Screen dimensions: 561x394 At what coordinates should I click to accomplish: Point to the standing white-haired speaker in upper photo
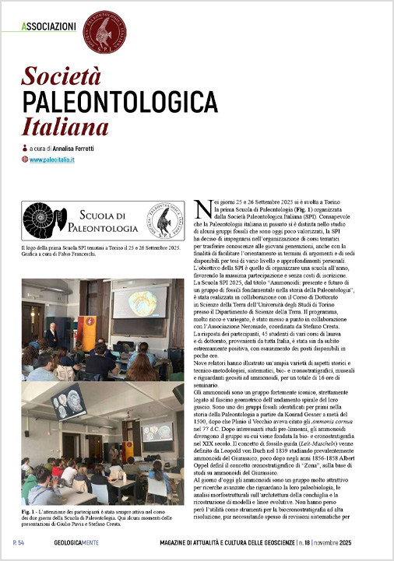click(x=51, y=336)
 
